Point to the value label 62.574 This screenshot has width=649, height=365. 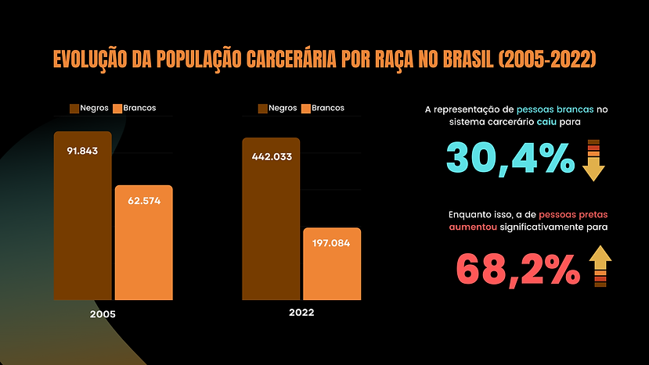(144, 201)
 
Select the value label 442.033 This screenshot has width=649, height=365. (271, 156)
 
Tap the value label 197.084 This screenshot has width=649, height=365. (332, 243)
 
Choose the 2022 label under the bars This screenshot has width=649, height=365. (301, 312)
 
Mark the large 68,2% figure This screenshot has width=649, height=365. (517, 270)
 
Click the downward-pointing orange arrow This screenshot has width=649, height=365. (594, 159)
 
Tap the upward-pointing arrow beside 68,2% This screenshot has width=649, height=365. (600, 266)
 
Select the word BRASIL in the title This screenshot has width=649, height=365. (463, 59)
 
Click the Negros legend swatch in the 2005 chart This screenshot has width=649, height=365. (75, 108)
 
